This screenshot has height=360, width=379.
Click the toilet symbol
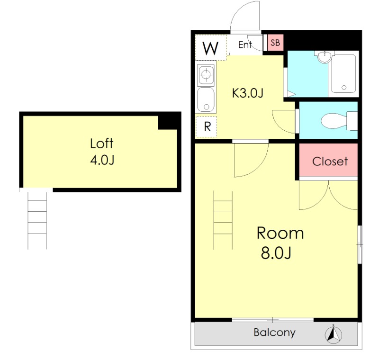tap(339, 121)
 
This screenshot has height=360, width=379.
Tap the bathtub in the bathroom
tap(343, 74)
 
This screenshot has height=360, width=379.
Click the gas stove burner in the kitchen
tap(206, 75)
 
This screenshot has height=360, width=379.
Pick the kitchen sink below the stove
tap(206, 100)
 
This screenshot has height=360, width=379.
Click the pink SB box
tap(275, 43)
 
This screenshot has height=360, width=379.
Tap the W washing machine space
tap(211, 47)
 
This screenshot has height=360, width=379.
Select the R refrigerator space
tap(206, 127)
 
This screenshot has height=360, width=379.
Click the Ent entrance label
tap(245, 45)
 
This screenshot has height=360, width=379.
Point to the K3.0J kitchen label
tap(247, 93)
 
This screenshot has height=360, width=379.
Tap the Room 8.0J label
tap(280, 243)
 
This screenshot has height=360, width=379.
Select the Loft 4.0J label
tap(102, 152)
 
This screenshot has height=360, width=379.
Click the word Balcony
tap(275, 333)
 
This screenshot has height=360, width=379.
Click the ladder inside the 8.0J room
tap(223, 220)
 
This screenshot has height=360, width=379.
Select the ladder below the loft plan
tap(37, 221)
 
